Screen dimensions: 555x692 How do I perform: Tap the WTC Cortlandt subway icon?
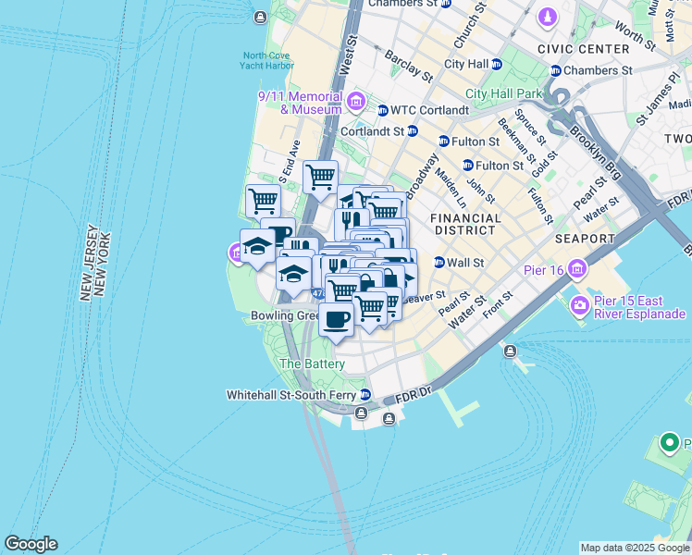[x=382, y=110]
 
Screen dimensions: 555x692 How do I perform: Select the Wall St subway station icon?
[x=439, y=263]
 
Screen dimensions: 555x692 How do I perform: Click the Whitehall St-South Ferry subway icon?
[x=365, y=394]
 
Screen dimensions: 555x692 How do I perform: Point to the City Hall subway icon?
[x=497, y=64]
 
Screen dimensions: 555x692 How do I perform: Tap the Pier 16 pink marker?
[x=578, y=269]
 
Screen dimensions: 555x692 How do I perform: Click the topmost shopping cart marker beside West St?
[x=320, y=176]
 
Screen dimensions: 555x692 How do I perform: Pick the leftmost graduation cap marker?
[x=256, y=246]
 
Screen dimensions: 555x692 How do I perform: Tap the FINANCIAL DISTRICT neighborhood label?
[x=465, y=225]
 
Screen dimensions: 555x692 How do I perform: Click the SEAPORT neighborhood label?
[x=586, y=239]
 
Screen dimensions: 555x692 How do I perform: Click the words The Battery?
[x=312, y=364]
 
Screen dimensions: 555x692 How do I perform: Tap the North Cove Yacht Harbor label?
[x=266, y=60]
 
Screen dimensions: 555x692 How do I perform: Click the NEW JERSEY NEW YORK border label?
[x=94, y=262]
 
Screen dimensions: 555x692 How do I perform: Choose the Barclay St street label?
[x=408, y=64]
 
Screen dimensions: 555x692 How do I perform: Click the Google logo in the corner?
[x=31, y=544]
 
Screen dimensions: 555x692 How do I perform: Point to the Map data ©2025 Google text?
[x=635, y=548]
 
